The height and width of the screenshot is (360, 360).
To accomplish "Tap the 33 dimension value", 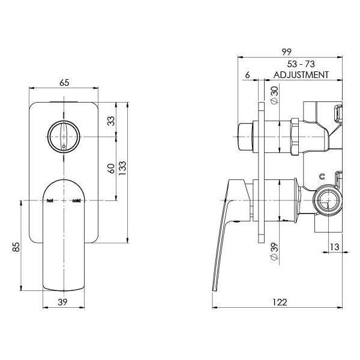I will coord(110,121).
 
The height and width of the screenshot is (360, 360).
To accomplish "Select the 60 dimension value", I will coord(110,168).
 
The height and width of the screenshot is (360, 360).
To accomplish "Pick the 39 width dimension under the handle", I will coord(63,302).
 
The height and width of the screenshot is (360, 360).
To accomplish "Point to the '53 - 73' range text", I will coord(302,64).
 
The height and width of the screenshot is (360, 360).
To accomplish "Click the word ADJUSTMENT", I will coord(301,75).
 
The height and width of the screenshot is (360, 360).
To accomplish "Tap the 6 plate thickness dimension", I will coord(247,75).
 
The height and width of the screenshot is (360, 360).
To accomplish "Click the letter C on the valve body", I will coord(322,176).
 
